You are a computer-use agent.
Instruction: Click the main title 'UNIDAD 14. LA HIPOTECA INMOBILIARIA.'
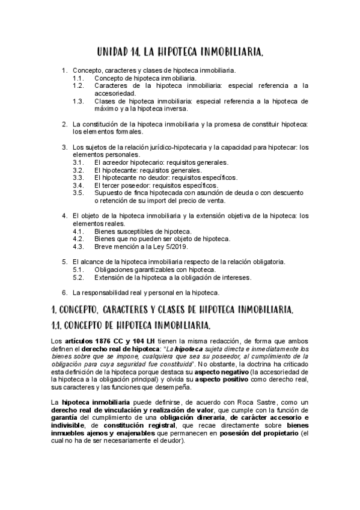[x=180, y=54]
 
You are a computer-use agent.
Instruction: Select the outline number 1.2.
[x=78, y=86]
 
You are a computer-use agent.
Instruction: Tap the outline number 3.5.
[x=78, y=193]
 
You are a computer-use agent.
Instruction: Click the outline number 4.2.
[x=78, y=239]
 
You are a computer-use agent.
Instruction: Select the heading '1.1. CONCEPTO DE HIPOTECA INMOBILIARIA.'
[x=131, y=326]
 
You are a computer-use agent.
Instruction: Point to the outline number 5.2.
[x=78, y=277]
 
